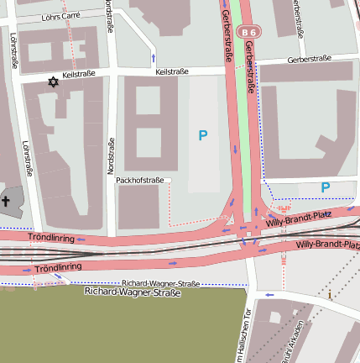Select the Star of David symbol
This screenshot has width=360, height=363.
(x=54, y=82)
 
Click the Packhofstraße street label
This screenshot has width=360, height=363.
(x=139, y=180)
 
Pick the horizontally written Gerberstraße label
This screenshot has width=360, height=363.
(x=310, y=60)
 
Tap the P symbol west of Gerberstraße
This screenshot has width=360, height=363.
(x=202, y=134)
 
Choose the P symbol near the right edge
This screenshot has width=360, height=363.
(x=326, y=187)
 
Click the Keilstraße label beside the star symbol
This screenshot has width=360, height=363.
(x=79, y=75)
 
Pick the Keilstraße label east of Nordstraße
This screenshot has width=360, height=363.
(x=171, y=72)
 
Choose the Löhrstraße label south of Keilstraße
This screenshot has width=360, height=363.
(x=28, y=158)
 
